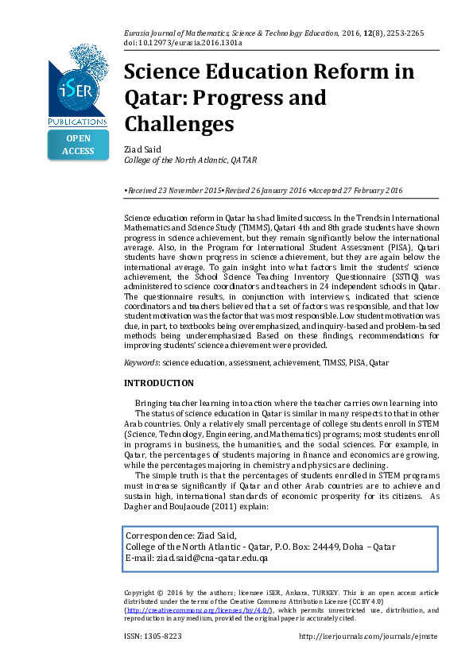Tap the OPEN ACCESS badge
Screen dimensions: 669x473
[78, 145]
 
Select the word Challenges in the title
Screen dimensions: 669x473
[179, 124]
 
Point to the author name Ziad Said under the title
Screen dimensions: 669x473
[142, 149]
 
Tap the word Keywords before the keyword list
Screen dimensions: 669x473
[142, 362]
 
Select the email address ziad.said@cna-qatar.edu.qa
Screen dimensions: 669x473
[211, 558]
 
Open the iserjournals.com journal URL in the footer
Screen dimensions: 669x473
[368, 636]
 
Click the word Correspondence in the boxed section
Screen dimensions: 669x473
[159, 535]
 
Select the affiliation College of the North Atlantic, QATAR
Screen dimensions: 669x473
[190, 160]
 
